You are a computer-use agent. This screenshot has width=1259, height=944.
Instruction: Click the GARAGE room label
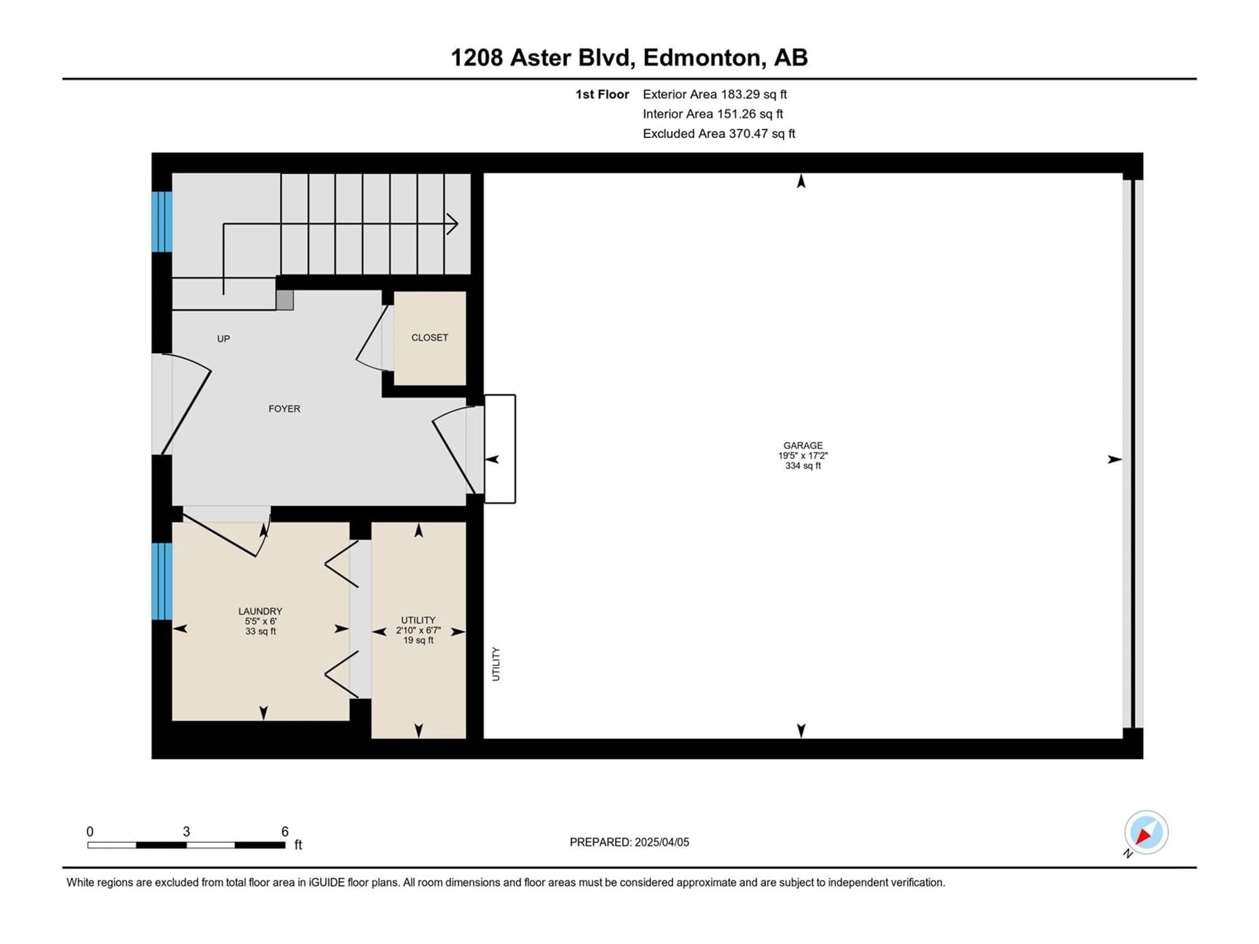(803, 445)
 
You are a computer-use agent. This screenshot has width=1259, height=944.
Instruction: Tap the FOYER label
(284, 408)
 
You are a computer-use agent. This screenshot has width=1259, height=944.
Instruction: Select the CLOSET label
(430, 337)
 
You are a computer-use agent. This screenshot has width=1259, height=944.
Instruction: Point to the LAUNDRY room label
(260, 611)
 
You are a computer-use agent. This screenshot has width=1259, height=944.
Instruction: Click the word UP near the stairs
(223, 339)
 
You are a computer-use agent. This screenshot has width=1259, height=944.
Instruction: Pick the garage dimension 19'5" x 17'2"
(803, 455)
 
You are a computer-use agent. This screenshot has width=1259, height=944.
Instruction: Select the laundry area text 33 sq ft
(261, 631)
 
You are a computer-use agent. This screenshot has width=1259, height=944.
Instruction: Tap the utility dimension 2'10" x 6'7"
(418, 630)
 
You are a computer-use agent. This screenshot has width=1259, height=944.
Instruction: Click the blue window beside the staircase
(162, 221)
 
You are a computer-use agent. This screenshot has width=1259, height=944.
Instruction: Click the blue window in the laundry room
(162, 581)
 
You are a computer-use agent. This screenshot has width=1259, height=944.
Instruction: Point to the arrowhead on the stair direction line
(452, 224)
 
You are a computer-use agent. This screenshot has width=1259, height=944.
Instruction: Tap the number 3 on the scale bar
(186, 831)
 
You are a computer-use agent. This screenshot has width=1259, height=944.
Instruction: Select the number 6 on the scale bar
(285, 831)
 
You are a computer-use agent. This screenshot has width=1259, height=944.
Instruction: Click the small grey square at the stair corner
(285, 300)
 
